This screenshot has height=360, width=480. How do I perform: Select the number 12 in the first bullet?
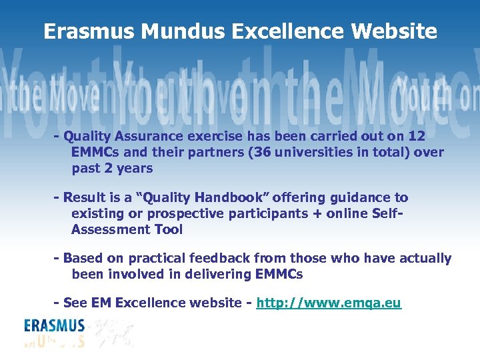pos(417,137)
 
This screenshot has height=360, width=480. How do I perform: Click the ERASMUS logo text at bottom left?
pos(55,326)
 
